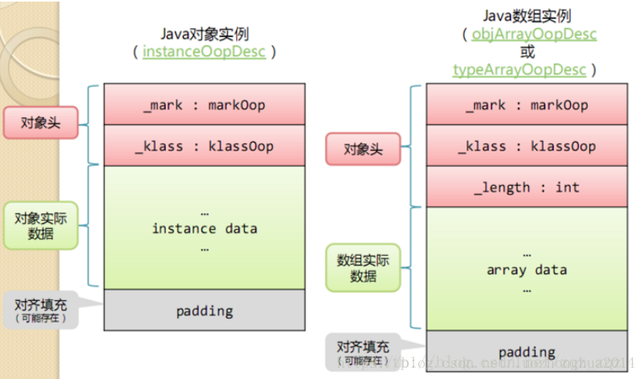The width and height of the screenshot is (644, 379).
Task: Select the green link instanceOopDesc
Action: (x=205, y=51)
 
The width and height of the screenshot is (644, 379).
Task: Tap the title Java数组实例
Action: (x=527, y=15)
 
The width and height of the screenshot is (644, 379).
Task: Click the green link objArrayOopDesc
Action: (x=529, y=34)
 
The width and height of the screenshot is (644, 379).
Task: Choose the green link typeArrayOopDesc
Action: (x=519, y=70)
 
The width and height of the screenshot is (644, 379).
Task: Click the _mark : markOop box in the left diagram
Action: (x=205, y=105)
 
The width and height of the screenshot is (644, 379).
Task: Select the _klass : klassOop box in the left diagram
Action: (x=205, y=146)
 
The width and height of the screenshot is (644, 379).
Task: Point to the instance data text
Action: (x=205, y=228)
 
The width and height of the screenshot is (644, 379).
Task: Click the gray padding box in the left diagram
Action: (x=205, y=310)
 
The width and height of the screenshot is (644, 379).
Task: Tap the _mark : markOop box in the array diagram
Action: (x=526, y=105)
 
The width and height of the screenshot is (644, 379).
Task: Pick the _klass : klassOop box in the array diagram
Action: (x=526, y=146)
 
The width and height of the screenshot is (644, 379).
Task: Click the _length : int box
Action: (x=526, y=187)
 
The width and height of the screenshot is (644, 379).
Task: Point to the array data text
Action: (x=526, y=270)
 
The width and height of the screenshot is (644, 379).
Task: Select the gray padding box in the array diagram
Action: (x=526, y=352)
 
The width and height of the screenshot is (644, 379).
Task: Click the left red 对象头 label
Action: (x=41, y=124)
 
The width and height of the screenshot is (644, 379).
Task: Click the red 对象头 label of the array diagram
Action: (x=364, y=149)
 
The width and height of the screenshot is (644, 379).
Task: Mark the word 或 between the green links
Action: (x=527, y=52)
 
